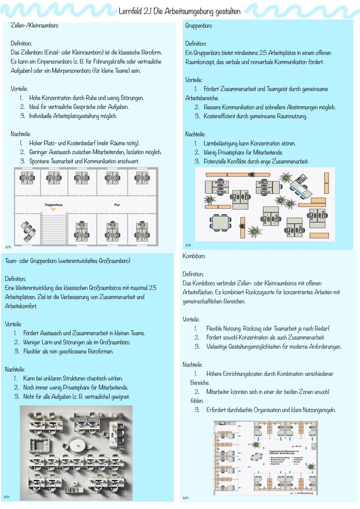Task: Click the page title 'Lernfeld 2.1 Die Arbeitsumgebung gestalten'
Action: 179,11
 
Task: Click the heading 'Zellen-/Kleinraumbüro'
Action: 34,25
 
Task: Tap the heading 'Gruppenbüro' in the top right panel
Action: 198,26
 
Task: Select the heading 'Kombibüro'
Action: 194,256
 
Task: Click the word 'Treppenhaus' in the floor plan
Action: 53,205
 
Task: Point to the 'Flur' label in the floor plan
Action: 117,205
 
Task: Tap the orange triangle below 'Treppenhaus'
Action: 53,210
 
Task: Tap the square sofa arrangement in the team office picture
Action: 41,445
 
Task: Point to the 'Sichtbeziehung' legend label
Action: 305,493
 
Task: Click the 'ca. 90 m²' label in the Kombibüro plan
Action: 296,446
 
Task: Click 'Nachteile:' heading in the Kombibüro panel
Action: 192,365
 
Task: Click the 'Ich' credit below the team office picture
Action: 7,497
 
